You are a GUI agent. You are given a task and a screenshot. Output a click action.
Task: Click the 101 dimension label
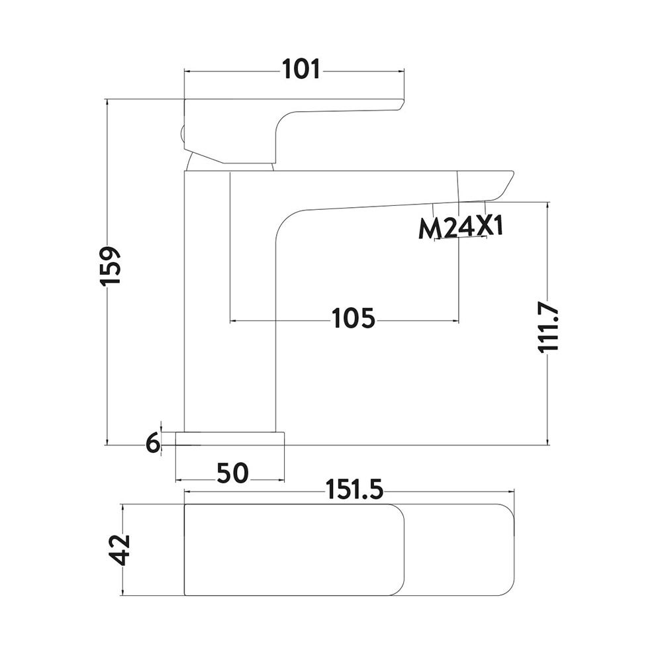[301, 70]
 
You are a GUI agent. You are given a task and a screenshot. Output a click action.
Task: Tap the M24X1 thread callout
[461, 228]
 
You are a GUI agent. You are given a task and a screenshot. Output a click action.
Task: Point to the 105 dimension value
[354, 318]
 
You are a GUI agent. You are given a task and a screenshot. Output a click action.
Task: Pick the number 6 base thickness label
[154, 444]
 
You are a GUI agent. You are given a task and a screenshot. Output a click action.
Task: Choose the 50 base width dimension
[232, 473]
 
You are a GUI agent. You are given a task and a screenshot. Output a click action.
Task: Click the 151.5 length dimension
[355, 491]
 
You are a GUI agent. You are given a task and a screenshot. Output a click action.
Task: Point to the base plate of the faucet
[230, 438]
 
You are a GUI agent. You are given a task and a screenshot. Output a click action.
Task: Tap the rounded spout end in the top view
[506, 549]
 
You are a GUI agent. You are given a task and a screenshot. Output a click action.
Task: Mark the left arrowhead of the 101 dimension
[188, 71]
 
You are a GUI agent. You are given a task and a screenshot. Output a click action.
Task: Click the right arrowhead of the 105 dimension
[455, 321]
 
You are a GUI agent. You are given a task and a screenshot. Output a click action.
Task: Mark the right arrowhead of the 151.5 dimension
[511, 491]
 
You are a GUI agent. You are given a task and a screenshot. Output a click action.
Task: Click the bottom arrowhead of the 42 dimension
[122, 591]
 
